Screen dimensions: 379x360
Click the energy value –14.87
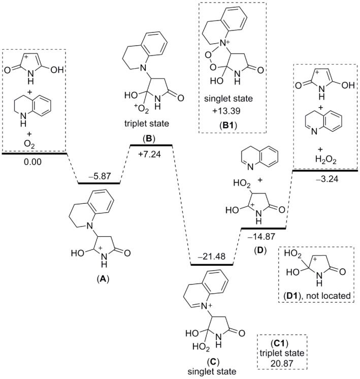pos(262,236)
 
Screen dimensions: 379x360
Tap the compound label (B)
pos(151,138)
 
